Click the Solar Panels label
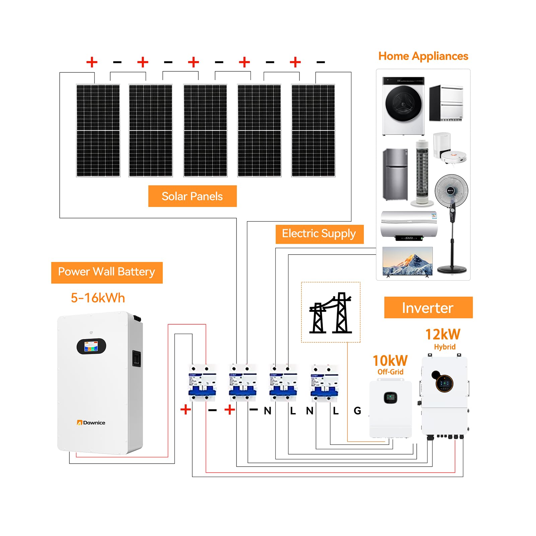[192, 196]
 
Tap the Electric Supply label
[319, 234]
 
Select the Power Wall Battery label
[107, 272]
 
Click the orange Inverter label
[428, 308]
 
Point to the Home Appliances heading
[423, 56]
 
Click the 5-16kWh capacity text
[98, 298]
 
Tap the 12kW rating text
[443, 334]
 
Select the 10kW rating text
[390, 361]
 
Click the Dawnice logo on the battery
[91, 423]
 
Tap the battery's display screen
[91, 346]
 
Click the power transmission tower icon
[331, 313]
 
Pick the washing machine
[403, 106]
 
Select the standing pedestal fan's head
[451, 191]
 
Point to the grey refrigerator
[395, 174]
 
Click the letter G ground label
[357, 411]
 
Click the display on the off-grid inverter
[390, 398]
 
